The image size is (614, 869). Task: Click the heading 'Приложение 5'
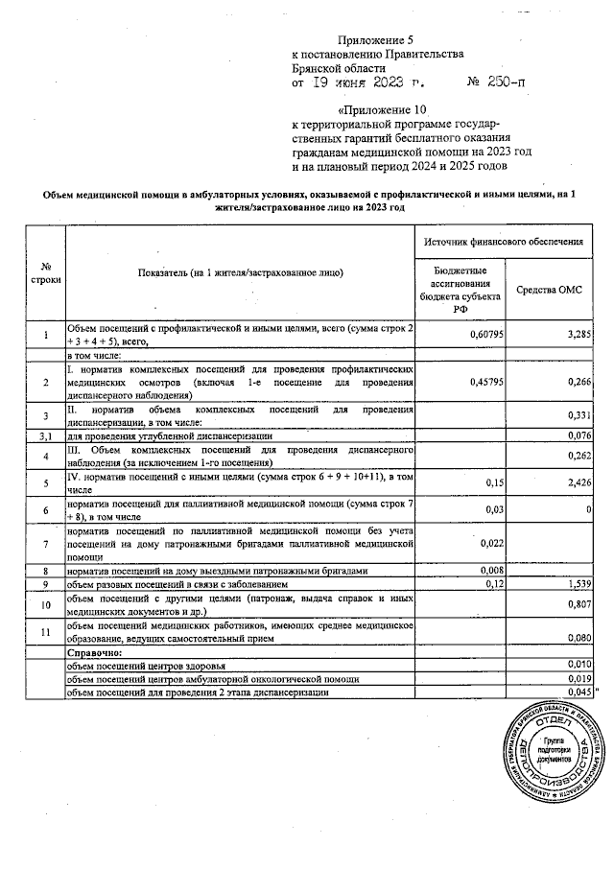tap(374, 39)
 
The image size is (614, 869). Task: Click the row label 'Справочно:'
tap(92, 649)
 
